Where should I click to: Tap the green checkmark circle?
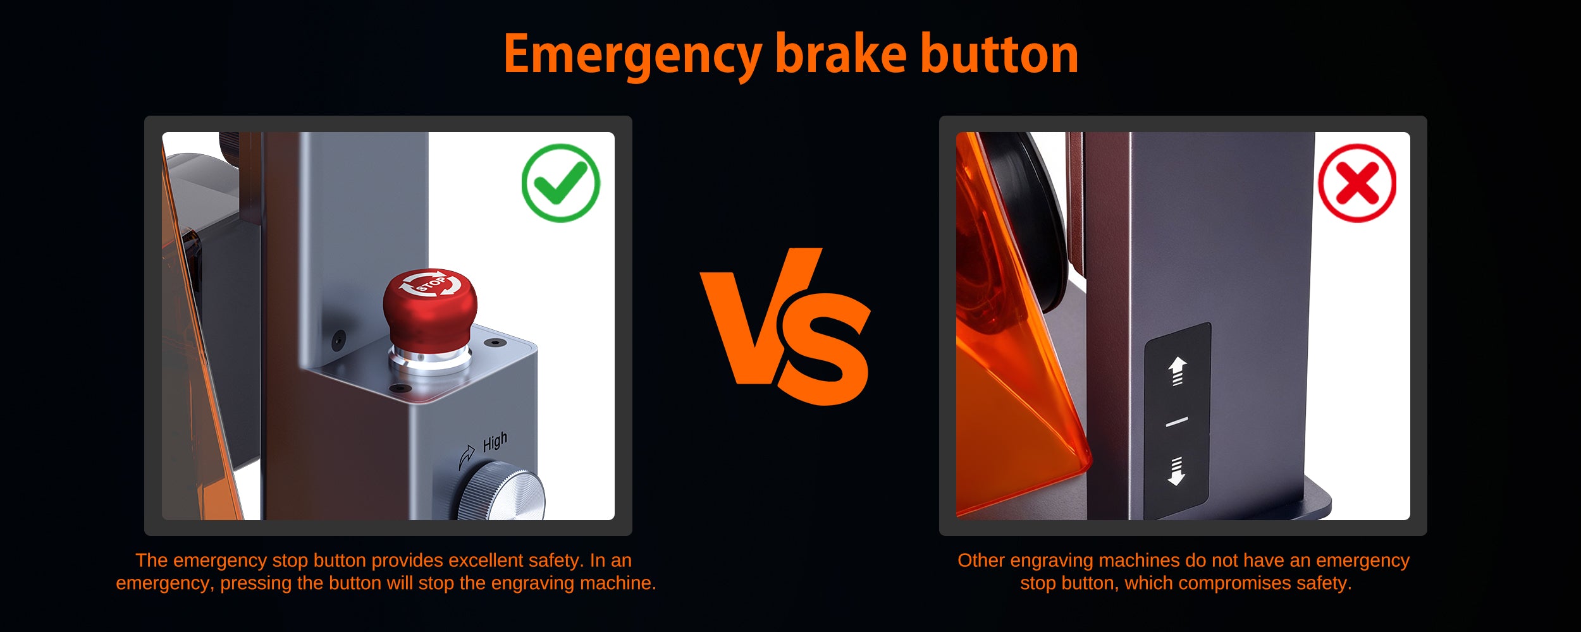click(561, 183)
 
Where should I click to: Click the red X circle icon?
click(1357, 183)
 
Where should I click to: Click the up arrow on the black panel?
click(1177, 371)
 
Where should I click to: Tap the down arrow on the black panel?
click(1176, 471)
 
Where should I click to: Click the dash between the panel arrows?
click(1176, 421)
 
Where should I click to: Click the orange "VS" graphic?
click(785, 326)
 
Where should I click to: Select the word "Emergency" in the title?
click(632, 56)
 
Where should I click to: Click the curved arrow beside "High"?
click(466, 456)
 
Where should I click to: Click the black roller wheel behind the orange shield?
click(1031, 221)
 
